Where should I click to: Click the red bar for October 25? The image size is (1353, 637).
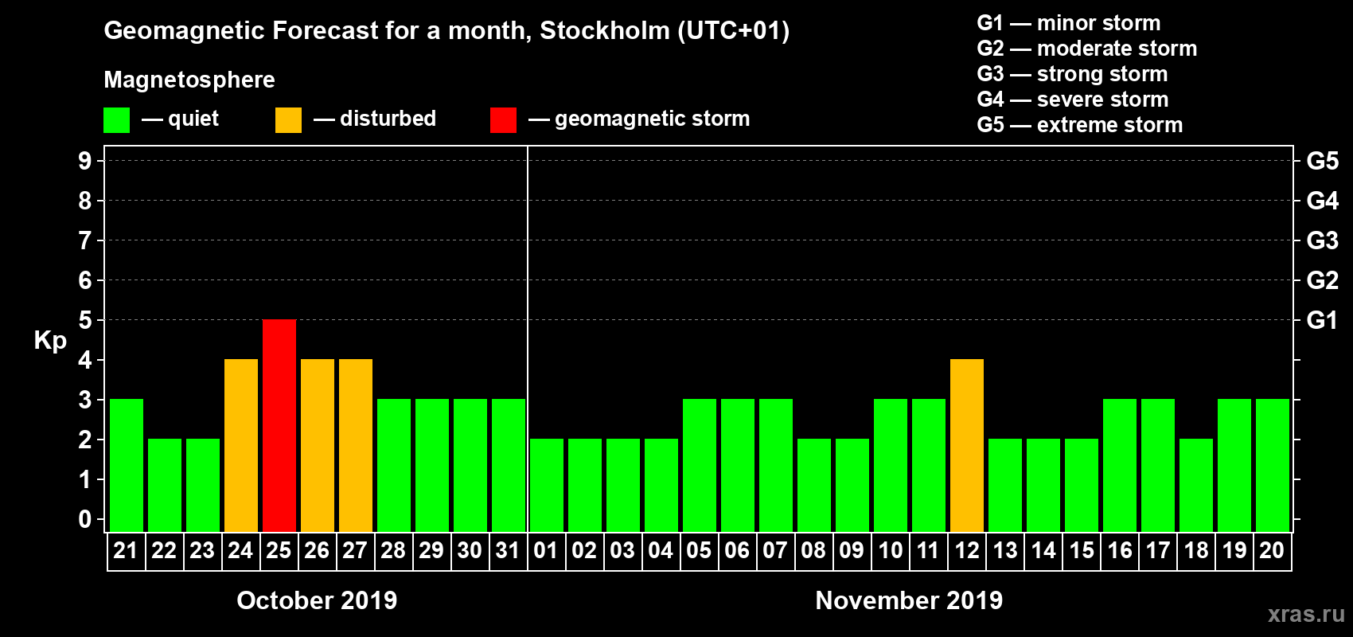click(x=279, y=425)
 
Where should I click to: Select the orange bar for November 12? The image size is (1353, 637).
click(x=967, y=445)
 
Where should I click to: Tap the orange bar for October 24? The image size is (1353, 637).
click(x=241, y=445)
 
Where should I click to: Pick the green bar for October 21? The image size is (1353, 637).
click(x=127, y=465)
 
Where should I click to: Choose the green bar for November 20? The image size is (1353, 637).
click(x=1273, y=465)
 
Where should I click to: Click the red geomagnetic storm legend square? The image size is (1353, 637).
click(x=503, y=120)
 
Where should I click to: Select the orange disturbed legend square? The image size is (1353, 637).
click(x=288, y=120)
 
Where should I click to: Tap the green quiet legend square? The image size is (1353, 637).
click(x=116, y=120)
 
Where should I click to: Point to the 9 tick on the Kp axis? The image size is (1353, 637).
click(x=85, y=161)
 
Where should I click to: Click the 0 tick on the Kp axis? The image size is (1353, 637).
click(x=85, y=520)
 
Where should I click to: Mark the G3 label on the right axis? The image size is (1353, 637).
click(x=1322, y=240)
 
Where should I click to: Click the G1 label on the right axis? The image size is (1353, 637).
click(x=1322, y=320)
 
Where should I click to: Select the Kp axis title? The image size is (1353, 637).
click(x=50, y=341)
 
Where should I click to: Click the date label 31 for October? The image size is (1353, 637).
click(x=508, y=550)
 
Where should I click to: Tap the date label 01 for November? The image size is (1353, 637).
click(x=546, y=550)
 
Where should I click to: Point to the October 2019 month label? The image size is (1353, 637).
click(x=317, y=600)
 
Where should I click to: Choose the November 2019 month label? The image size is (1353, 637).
click(x=909, y=600)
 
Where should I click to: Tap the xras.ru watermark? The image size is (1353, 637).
click(x=1306, y=614)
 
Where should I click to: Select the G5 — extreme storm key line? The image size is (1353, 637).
click(x=1079, y=125)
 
